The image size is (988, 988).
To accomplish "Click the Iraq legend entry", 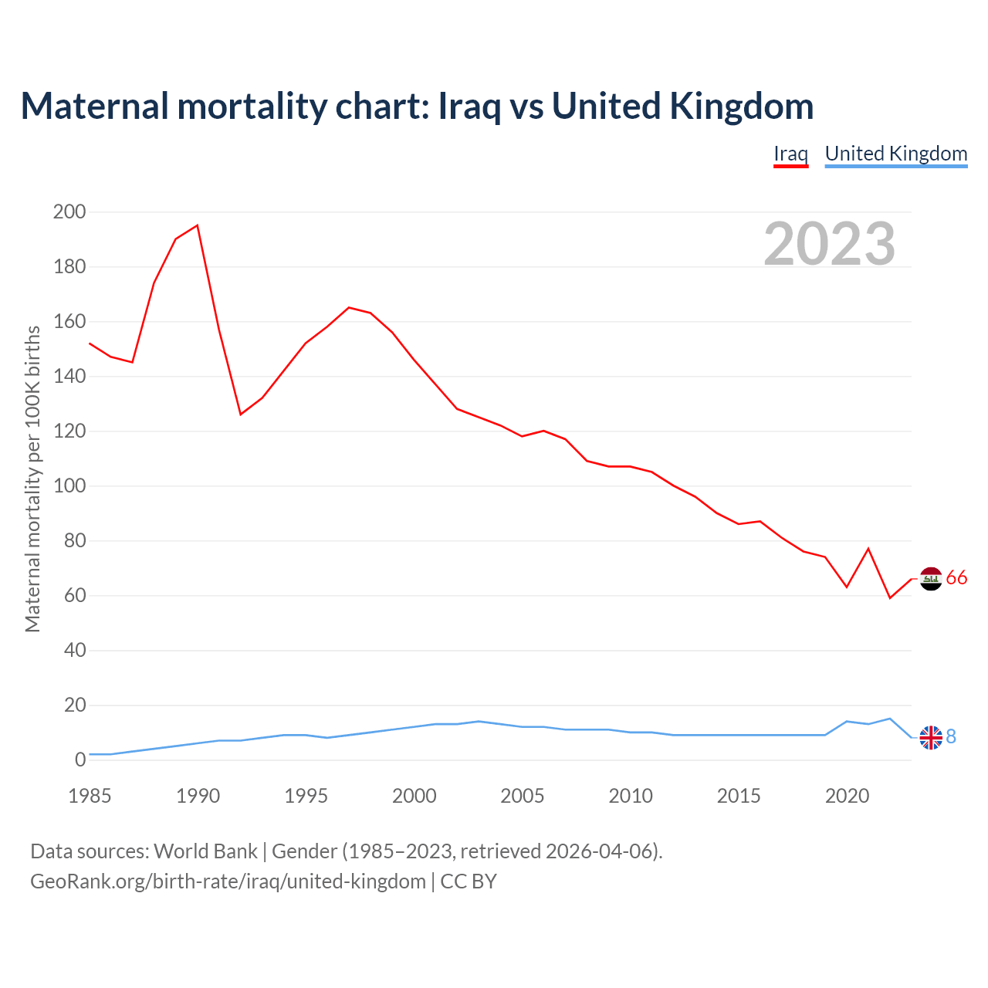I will [790, 154].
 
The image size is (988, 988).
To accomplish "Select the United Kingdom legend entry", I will [895, 154].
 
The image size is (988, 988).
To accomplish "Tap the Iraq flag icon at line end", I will [931, 578].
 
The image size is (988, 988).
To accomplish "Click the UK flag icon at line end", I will [931, 738].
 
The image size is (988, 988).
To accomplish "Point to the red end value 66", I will [956, 578].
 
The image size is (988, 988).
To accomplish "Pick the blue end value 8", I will [951, 737].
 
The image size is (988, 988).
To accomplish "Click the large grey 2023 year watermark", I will [829, 244].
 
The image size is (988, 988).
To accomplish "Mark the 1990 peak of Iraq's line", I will [198, 225].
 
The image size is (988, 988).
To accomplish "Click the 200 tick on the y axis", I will [69, 211].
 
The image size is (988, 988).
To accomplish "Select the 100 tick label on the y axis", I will [69, 486].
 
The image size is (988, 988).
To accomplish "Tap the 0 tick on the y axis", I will [80, 760].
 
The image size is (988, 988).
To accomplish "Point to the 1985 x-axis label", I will [90, 796].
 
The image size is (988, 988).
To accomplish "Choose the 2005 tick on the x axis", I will [523, 796].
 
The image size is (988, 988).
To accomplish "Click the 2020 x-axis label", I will [847, 796].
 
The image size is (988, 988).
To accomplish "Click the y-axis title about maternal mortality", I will [32, 479].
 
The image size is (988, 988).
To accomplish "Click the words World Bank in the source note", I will [205, 851].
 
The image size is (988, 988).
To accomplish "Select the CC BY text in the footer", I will [469, 881].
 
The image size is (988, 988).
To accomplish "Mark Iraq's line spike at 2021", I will [868, 548].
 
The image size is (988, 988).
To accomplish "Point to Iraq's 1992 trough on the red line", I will [241, 414].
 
